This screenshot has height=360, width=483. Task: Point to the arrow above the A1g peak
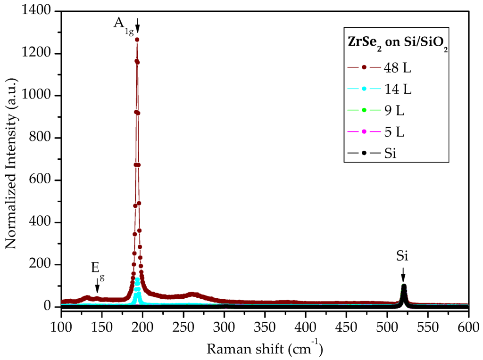[137, 26]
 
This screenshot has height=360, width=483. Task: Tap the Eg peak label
[97, 268]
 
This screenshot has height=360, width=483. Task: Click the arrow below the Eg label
[97, 285]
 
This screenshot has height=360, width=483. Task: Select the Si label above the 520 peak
[402, 256]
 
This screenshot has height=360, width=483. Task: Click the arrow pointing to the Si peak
[403, 274]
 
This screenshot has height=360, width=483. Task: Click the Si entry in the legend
[373, 154]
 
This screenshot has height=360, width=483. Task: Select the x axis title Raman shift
[264, 349]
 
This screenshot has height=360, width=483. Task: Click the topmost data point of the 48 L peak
[137, 40]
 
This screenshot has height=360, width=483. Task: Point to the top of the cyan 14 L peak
[137, 279]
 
